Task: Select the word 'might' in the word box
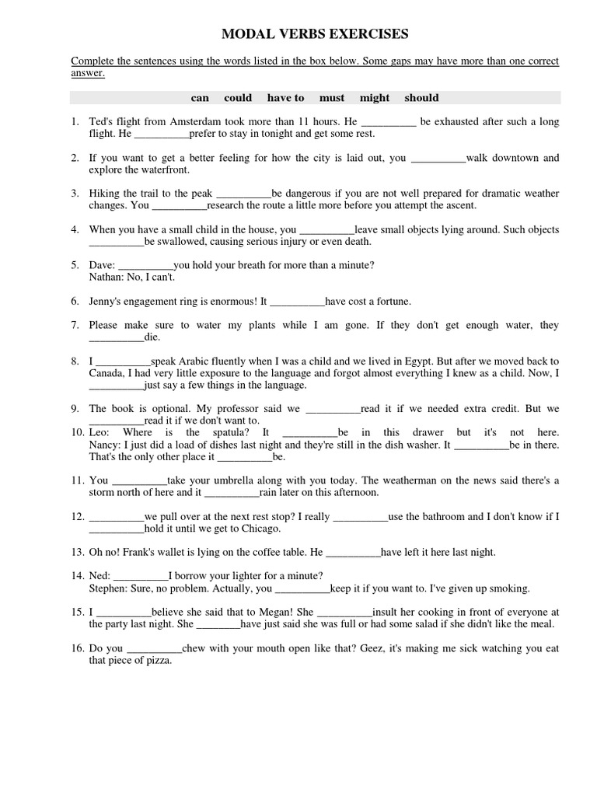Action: point(375,98)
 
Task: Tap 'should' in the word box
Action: point(421,98)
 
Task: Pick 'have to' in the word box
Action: point(285,98)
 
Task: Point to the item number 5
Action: point(75,265)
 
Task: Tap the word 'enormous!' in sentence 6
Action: point(233,301)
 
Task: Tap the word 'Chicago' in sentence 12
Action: point(260,529)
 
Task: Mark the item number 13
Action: point(76,552)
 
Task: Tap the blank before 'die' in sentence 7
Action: point(117,338)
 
